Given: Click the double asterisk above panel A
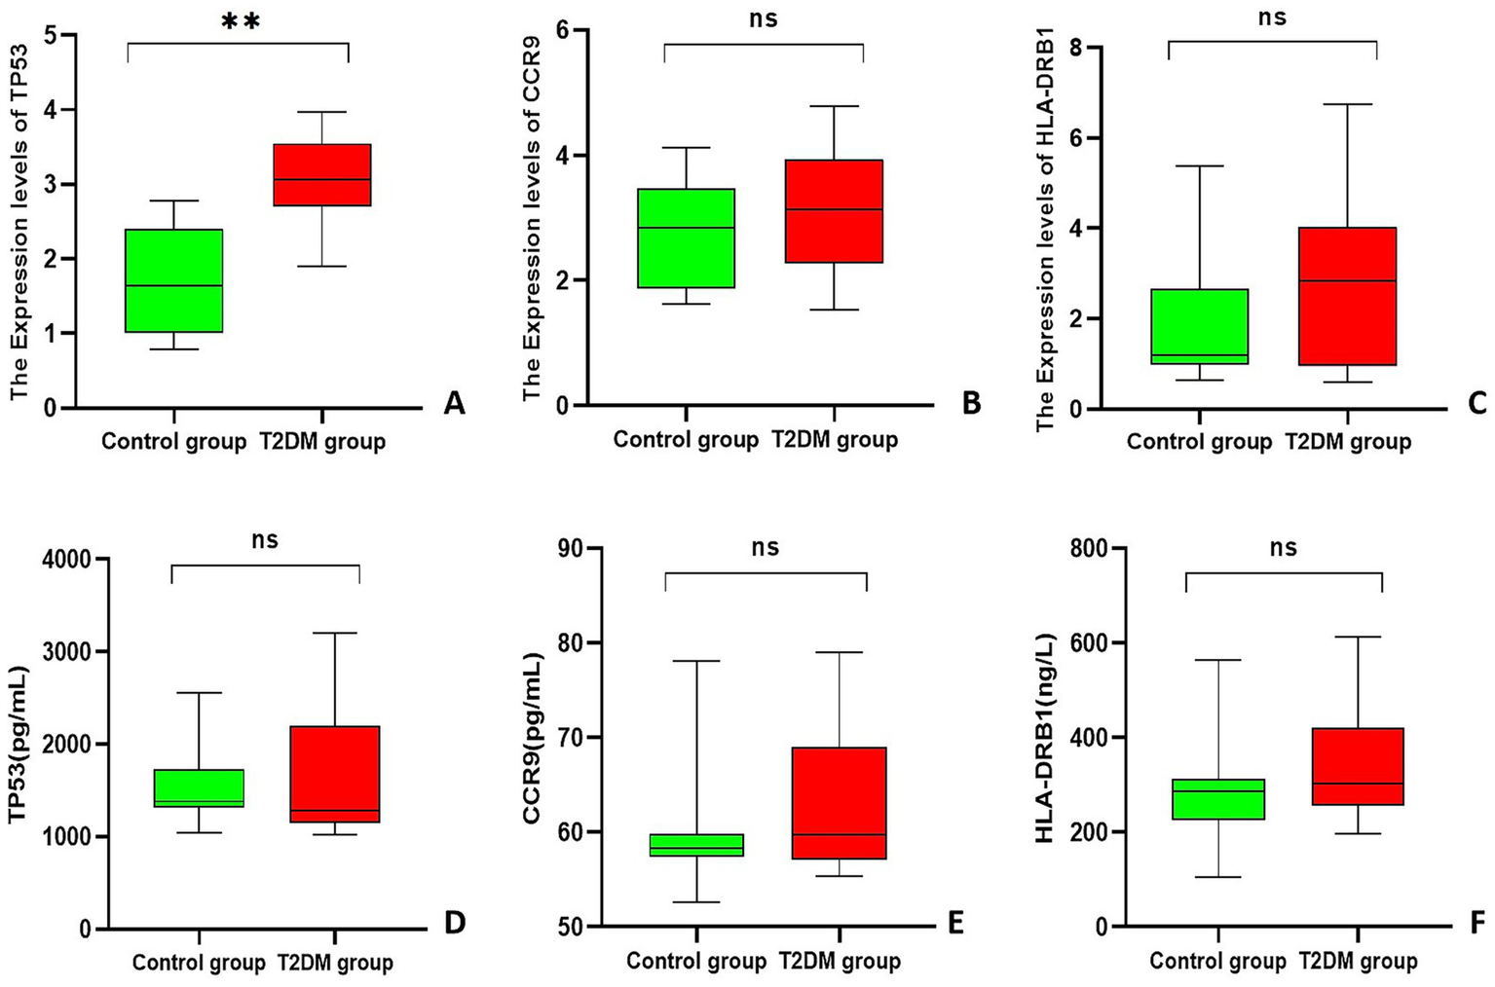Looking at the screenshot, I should click(241, 21).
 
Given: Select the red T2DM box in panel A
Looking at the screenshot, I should click(322, 175).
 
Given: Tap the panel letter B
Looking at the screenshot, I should click(971, 403).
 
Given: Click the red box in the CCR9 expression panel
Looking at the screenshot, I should click(835, 211).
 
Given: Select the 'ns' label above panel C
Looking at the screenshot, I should click(1272, 18).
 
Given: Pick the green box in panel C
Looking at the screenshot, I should click(1200, 326).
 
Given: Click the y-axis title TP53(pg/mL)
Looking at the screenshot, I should click(19, 745).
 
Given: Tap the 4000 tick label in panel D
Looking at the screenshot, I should click(66, 560).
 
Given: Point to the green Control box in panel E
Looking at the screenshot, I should click(696, 845).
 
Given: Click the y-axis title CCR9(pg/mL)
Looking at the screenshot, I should click(532, 738).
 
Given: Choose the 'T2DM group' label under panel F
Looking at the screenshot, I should click(1358, 962).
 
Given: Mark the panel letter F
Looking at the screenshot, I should click(1479, 921).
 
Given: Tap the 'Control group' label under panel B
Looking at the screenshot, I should click(686, 440).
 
